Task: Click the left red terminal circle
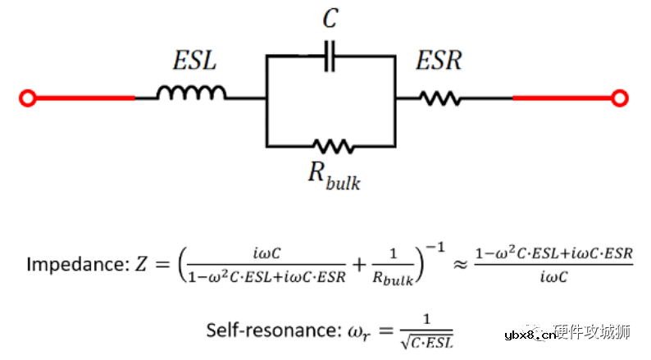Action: [28, 98]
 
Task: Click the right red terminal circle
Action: [622, 98]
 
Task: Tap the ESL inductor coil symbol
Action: [191, 93]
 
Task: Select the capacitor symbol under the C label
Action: [330, 57]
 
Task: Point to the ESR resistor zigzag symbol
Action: [440, 98]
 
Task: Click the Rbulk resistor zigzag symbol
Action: [332, 147]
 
